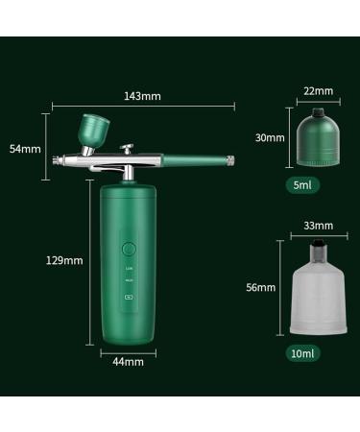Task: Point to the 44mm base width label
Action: pyautogui.click(x=128, y=361)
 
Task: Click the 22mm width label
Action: pyautogui.click(x=318, y=91)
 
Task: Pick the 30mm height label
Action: pyautogui.click(x=271, y=137)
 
